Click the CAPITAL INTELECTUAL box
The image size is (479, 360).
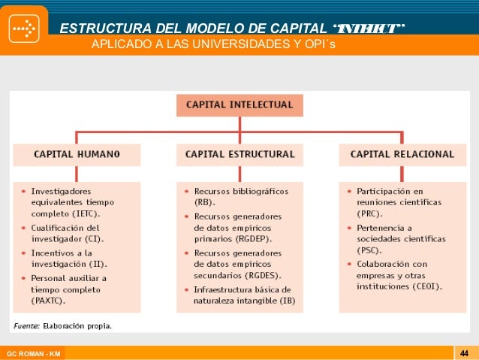[x=239, y=104]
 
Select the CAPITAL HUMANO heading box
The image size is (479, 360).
[x=76, y=154]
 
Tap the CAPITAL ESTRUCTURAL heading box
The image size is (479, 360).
[x=239, y=154]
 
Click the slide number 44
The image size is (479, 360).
[x=464, y=353]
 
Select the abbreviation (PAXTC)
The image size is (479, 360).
[x=48, y=301]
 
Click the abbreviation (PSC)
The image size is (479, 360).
[x=369, y=250]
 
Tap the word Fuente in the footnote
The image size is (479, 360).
[x=26, y=326]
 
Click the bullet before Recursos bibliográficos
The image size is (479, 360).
[x=185, y=192]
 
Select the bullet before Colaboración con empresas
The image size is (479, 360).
[x=349, y=264]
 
